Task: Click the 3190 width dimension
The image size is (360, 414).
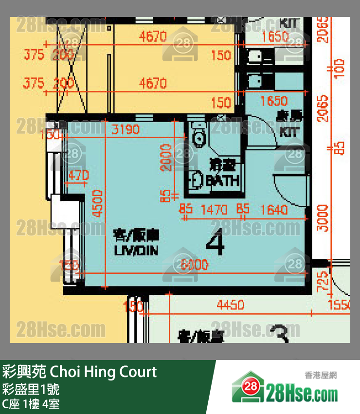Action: (x=126, y=129)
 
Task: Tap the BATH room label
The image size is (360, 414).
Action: (x=223, y=181)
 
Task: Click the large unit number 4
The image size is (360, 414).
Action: (x=215, y=244)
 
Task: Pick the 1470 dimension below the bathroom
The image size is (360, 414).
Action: (x=214, y=210)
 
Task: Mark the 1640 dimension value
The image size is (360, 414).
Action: (x=274, y=210)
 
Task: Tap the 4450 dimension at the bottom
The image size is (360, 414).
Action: (x=230, y=306)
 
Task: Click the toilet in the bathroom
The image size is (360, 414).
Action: (x=198, y=137)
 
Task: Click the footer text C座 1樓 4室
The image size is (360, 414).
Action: (x=31, y=404)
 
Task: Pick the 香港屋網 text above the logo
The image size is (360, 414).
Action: (x=321, y=375)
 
